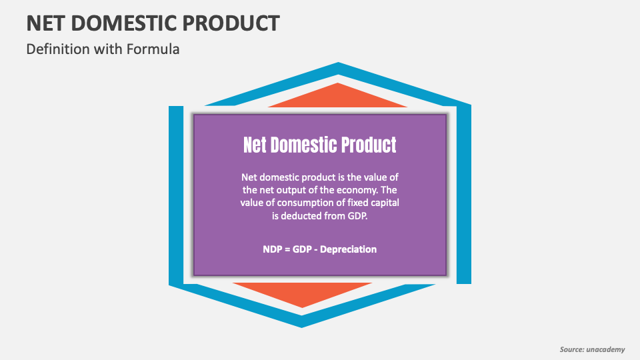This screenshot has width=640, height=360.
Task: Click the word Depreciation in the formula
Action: (349, 249)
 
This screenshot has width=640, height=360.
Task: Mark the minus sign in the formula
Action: (318, 249)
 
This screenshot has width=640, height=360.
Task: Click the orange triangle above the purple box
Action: (338, 97)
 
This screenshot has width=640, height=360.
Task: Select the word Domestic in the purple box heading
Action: (302, 145)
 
